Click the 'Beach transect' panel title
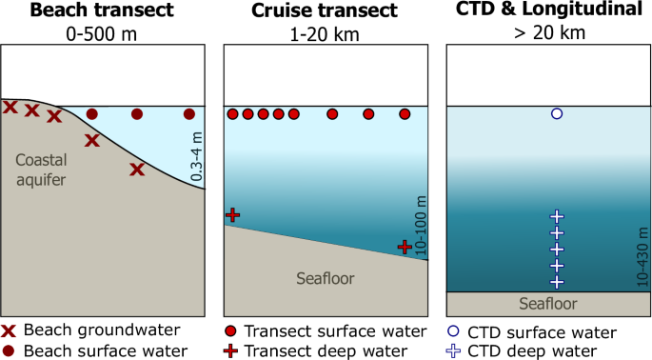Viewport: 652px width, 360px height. click(x=103, y=10)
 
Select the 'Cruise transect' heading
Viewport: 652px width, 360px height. click(x=326, y=10)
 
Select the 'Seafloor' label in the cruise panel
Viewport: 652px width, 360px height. click(x=326, y=278)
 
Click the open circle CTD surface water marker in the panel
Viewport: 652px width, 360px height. click(x=557, y=114)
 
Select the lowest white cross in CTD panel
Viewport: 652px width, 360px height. click(x=557, y=282)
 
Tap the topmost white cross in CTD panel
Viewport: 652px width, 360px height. click(x=557, y=217)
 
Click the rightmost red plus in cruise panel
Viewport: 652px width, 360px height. click(x=405, y=247)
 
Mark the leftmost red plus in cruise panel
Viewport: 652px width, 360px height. click(x=231, y=215)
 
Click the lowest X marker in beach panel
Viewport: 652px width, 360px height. click(x=137, y=170)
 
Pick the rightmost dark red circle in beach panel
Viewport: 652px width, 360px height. click(x=188, y=114)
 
